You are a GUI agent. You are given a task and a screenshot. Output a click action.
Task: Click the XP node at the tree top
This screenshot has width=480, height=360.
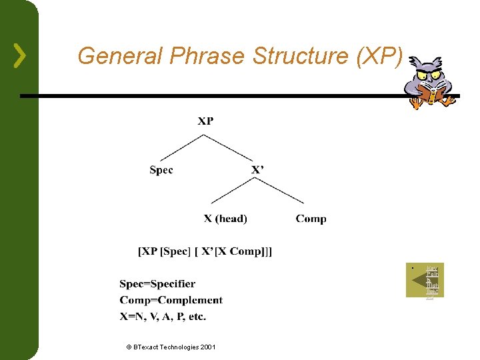[x=205, y=121]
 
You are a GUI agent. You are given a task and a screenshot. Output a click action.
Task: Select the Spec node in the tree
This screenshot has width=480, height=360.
[x=161, y=170]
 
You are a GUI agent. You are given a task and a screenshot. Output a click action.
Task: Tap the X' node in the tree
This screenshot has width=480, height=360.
[x=257, y=170]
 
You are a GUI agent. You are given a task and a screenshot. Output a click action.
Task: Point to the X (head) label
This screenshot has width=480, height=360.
[x=225, y=219]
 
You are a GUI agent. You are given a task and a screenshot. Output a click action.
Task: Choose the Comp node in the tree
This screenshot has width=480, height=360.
[x=311, y=219]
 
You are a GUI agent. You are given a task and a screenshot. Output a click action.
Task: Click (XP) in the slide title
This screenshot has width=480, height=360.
[x=379, y=57]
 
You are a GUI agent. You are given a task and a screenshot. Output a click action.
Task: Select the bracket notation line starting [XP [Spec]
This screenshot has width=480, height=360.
[x=205, y=251]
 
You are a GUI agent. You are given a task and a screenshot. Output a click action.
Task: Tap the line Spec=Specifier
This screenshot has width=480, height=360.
[x=157, y=284]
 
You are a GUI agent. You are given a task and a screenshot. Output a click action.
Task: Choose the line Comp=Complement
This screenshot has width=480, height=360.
[x=171, y=300]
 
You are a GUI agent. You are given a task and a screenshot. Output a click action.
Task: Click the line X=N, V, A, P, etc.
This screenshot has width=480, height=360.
[x=163, y=316]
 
